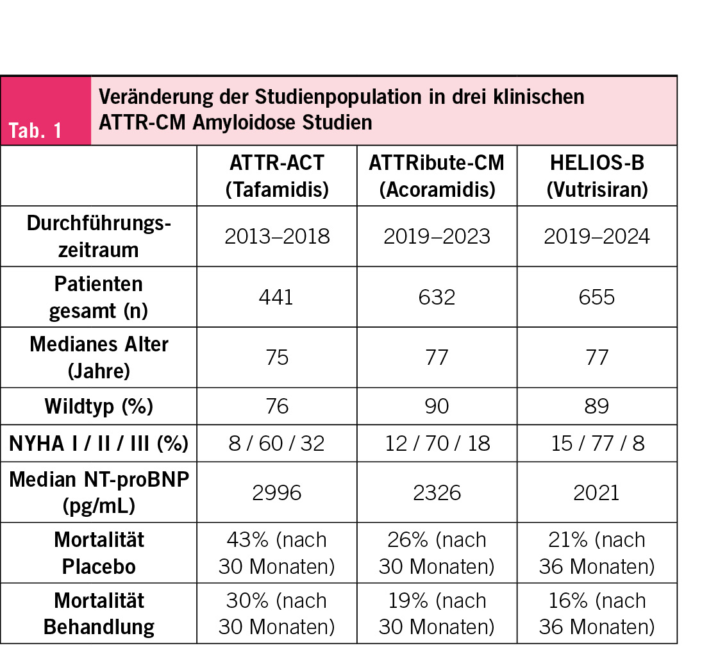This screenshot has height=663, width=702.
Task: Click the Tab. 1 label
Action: pyautogui.click(x=35, y=131)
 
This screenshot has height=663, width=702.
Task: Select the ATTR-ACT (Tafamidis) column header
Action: pyautogui.click(x=276, y=175)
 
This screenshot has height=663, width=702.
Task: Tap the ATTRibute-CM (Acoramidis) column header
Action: pyautogui.click(x=436, y=175)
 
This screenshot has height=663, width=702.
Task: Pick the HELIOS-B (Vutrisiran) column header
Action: pyautogui.click(x=596, y=175)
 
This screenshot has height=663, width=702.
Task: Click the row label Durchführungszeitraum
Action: pyautogui.click(x=99, y=236)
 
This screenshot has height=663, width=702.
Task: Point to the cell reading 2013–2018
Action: pyautogui.click(x=276, y=237)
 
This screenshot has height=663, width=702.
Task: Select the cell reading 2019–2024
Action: pyautogui.click(x=596, y=237)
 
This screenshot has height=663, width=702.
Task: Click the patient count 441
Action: pyautogui.click(x=276, y=297)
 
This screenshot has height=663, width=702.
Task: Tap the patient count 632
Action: pyautogui.click(x=436, y=297)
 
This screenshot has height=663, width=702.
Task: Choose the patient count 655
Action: pyautogui.click(x=596, y=297)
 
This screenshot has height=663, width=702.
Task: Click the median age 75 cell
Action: pyautogui.click(x=276, y=357)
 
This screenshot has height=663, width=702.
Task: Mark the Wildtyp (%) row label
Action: pyautogui.click(x=99, y=407)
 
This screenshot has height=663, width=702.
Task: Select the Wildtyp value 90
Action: pyautogui.click(x=436, y=407)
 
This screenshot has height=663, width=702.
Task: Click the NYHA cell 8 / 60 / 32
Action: pyautogui.click(x=276, y=443)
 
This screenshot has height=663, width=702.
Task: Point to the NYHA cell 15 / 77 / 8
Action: pyautogui.click(x=596, y=443)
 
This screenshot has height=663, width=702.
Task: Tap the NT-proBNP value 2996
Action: pyautogui.click(x=276, y=492)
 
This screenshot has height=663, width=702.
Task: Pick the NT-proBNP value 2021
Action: pyautogui.click(x=596, y=492)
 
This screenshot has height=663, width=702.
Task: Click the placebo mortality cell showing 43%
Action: pyautogui.click(x=276, y=553)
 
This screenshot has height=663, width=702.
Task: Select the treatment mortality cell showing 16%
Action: pyautogui.click(x=596, y=613)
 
